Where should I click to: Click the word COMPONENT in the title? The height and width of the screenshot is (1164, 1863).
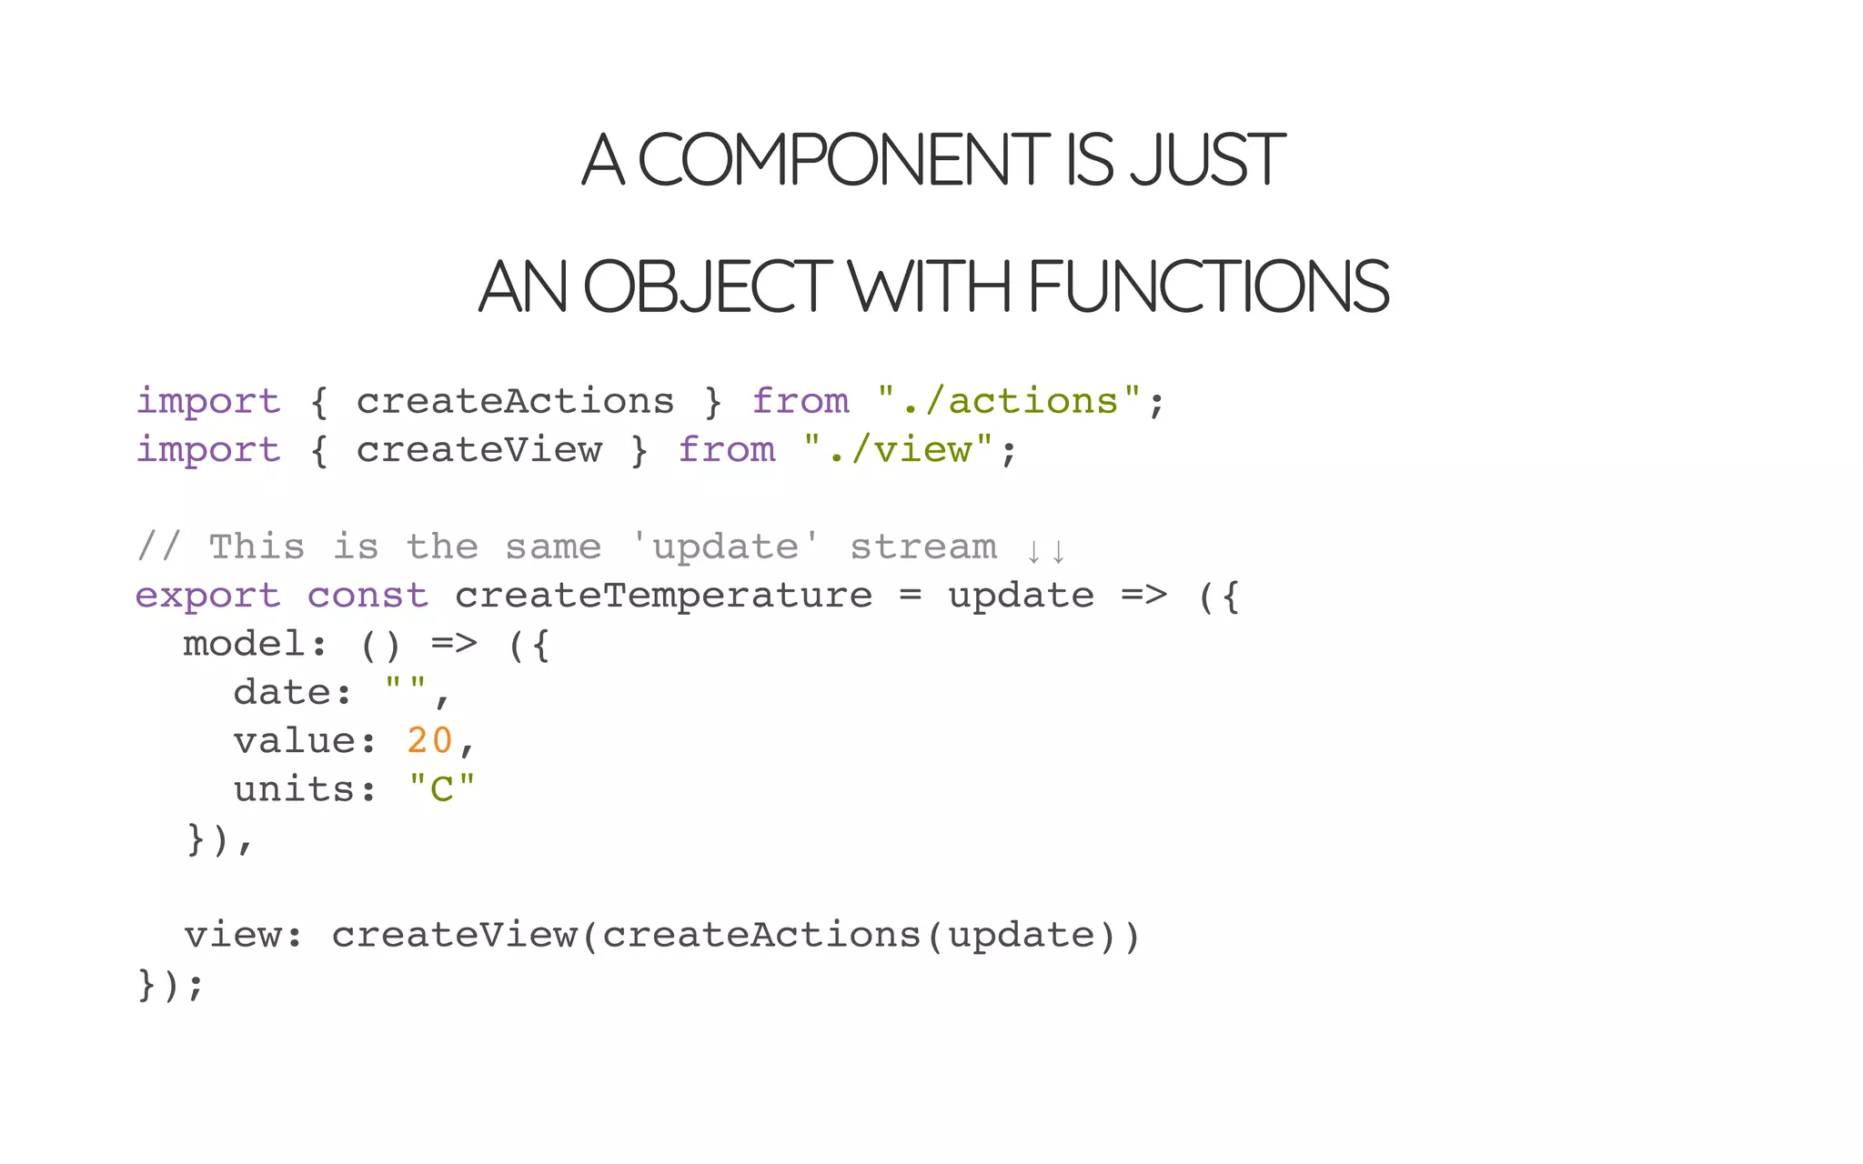coord(843,160)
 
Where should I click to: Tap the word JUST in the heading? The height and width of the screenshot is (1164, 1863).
coord(1207,160)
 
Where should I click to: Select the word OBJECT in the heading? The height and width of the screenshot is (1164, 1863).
coord(707,286)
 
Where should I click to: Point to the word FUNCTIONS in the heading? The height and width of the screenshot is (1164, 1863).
coord(1209,286)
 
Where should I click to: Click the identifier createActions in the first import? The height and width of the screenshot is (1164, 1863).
coord(515,401)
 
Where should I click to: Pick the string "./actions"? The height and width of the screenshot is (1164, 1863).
coord(1009,401)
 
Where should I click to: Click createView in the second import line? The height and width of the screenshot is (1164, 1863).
coord(478,449)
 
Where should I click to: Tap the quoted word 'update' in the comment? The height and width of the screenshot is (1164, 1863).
coord(726,547)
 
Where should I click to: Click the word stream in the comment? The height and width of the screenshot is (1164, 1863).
coord(923,547)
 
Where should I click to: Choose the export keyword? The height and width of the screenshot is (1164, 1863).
coord(208,596)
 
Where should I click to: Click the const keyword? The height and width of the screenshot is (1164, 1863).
coord(368,596)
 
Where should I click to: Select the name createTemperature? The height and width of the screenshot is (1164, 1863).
coord(663,596)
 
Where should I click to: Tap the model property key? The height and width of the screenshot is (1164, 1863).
coord(244,644)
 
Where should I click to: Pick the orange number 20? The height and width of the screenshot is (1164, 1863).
coord(429,740)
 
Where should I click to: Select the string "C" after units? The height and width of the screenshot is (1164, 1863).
coord(441,788)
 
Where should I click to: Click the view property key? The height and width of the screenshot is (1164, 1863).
coord(232,935)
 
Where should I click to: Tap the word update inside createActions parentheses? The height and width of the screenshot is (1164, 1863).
coord(1022,935)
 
